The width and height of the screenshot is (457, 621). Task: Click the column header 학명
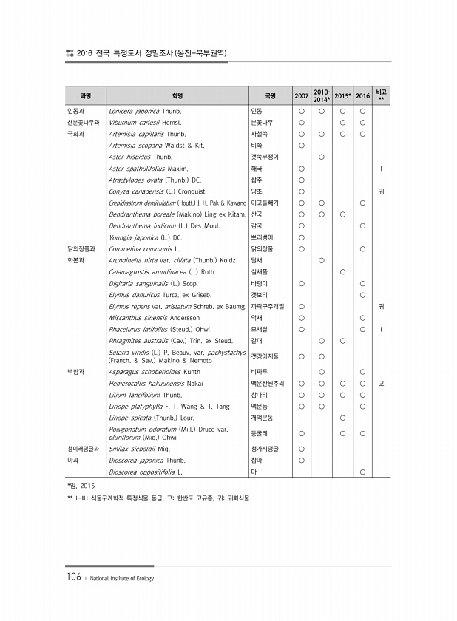pos(177,95)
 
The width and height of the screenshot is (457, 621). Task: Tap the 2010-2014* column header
pos(322,95)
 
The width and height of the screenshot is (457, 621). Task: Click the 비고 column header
pos(381,95)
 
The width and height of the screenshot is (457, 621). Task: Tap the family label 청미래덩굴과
pos(83,448)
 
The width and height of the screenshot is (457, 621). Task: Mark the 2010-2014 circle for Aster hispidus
pos(322,157)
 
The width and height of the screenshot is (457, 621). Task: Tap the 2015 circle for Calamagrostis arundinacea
pos(342,271)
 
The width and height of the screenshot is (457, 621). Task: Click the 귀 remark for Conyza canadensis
pos(381,191)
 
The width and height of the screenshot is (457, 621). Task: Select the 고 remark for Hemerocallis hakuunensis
pos(381,384)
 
